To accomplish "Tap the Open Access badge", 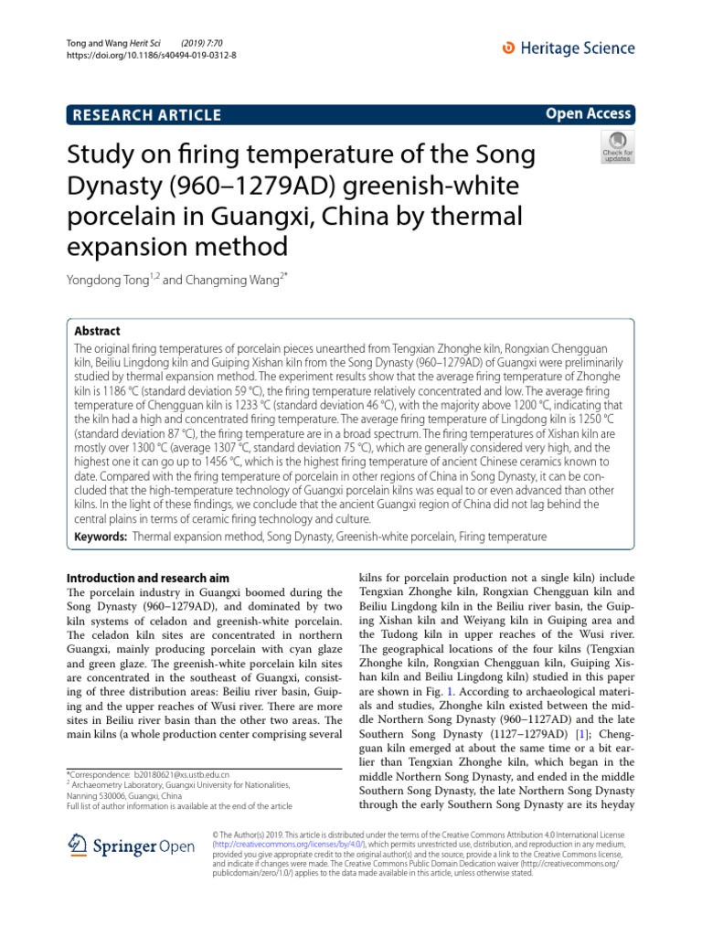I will click(x=589, y=113).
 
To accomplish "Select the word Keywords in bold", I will click(x=99, y=537).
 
